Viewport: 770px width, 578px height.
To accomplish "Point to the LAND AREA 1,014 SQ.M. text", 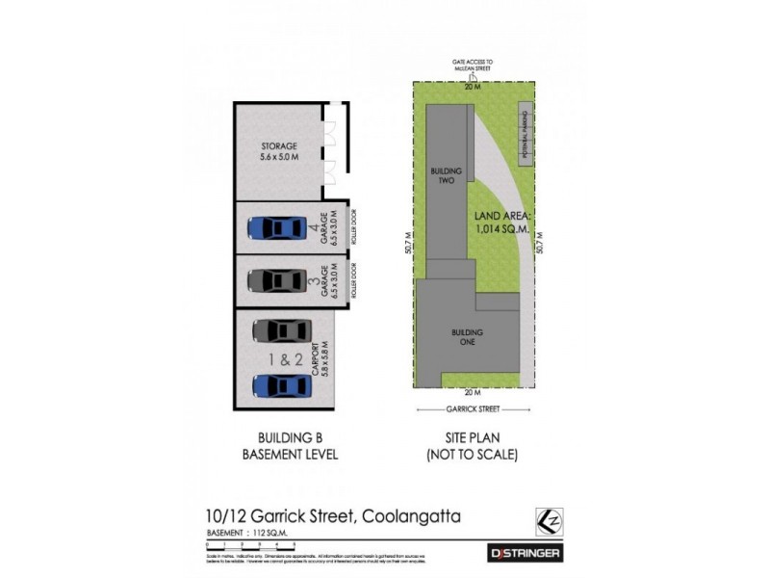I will click(x=495, y=224).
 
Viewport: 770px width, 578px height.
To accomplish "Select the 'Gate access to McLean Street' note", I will click(x=472, y=66).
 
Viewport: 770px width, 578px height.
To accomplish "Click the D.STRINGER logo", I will click(x=521, y=553).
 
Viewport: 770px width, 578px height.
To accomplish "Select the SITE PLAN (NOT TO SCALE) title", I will click(x=472, y=447).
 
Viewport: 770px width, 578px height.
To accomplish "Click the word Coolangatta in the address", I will click(x=409, y=516).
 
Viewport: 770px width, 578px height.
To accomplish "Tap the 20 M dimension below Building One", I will click(x=471, y=393).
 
